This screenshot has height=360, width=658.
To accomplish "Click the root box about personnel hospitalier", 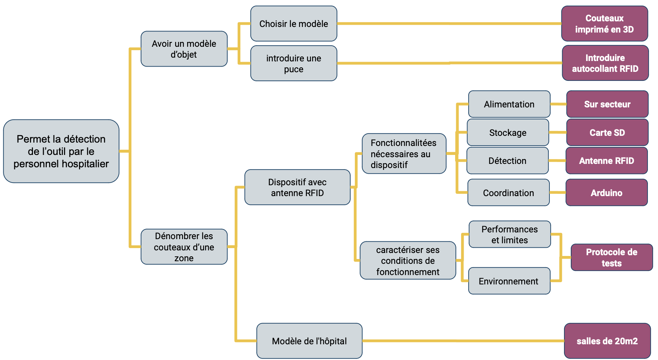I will coord(61,151).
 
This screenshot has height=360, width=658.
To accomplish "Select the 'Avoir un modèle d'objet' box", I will coord(184,49).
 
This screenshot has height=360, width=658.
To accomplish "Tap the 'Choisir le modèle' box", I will coord(293,24).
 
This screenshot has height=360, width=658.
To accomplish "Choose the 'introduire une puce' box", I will coord(293,63).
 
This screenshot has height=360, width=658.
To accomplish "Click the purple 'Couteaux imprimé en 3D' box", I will coord(604,24).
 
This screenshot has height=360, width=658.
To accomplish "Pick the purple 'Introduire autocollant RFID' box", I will coord(605,63).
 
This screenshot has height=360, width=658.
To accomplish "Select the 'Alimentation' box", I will coord(509,104).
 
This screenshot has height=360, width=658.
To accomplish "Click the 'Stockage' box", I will coord(508,132).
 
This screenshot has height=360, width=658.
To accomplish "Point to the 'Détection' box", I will coord(507,161).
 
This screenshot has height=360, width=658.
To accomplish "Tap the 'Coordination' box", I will coord(508,193).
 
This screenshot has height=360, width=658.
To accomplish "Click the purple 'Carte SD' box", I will coord(607,132).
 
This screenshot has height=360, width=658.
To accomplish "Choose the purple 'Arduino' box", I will coord(606,193).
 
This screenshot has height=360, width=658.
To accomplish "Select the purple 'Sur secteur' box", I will coord(607,104).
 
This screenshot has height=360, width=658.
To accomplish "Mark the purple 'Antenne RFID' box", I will coord(606,161).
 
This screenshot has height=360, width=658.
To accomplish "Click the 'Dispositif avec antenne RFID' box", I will coord(297,187).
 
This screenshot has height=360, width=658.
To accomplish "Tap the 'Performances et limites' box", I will coord(509,234).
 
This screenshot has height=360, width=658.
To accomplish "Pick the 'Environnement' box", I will coord(509,281).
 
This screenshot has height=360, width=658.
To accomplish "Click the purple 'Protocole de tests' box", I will coord(611,257).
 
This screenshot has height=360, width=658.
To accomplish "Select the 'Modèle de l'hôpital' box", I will coord(309,341).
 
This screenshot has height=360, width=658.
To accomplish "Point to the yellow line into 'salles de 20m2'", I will coord(464,341).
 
